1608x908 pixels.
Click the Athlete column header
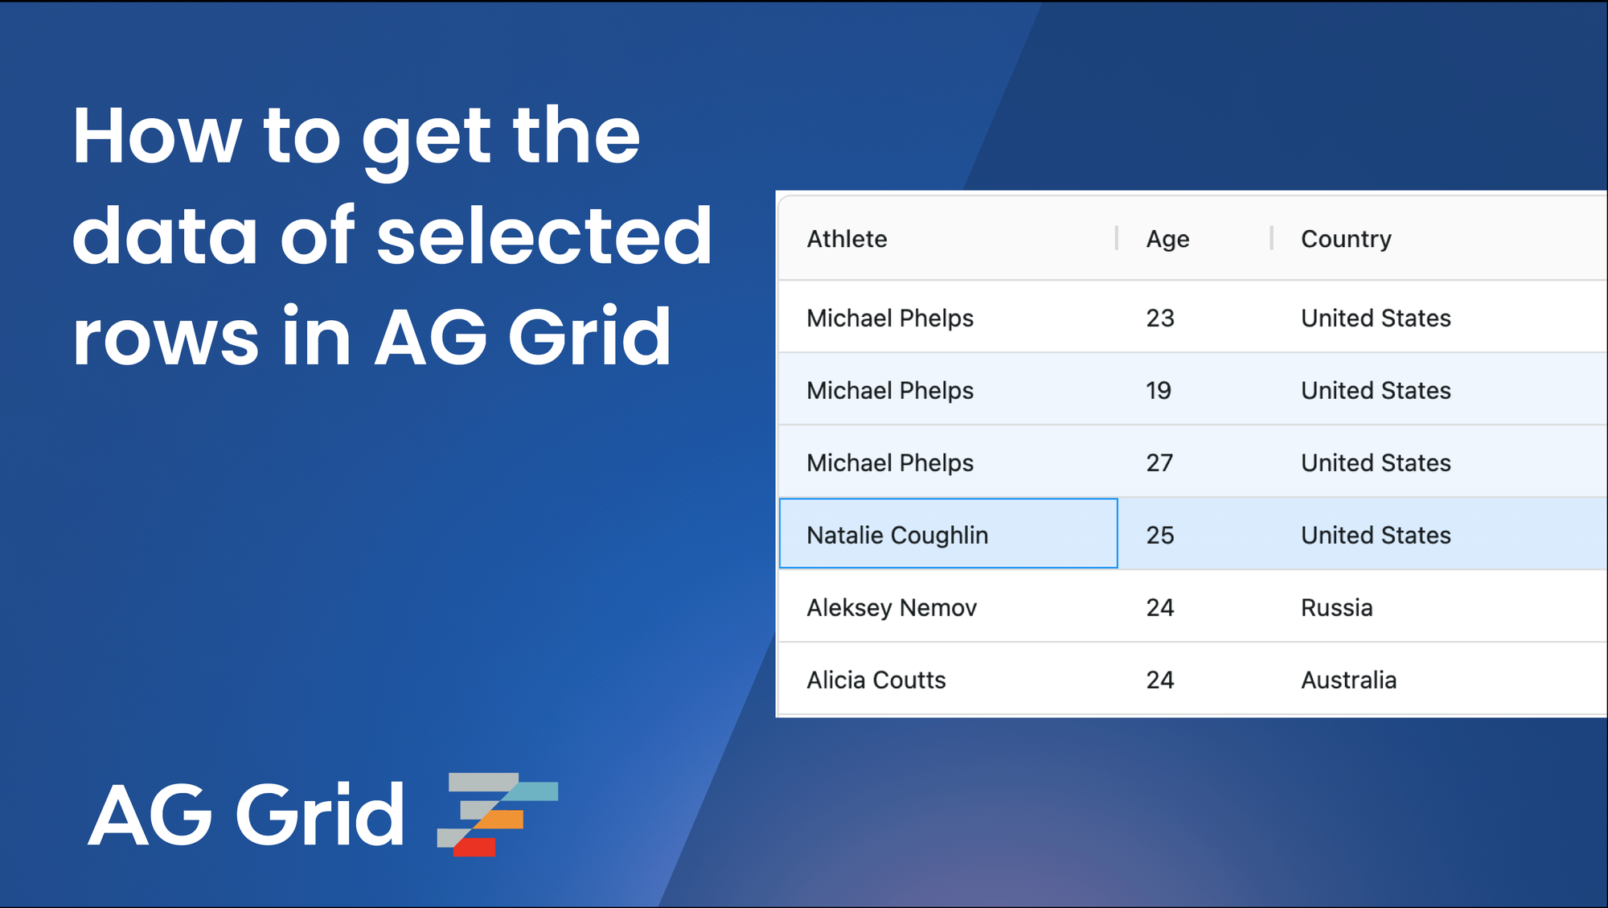(847, 239)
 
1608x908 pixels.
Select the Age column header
(1167, 239)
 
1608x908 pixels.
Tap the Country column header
(1346, 239)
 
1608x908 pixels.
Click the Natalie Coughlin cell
(897, 535)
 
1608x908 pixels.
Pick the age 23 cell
(1160, 318)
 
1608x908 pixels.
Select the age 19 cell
(1159, 390)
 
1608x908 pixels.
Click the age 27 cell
(1159, 462)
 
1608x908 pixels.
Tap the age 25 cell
(1160, 535)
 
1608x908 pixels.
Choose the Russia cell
(1336, 607)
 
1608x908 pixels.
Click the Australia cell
(1348, 680)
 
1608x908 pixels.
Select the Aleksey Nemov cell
(892, 607)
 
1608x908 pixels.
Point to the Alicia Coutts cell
(876, 680)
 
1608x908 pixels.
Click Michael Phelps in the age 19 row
(890, 390)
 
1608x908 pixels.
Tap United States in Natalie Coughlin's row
(1376, 535)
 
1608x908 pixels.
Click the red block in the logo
(476, 847)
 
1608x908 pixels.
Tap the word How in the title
(157, 136)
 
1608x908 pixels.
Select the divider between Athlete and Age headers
(1117, 238)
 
